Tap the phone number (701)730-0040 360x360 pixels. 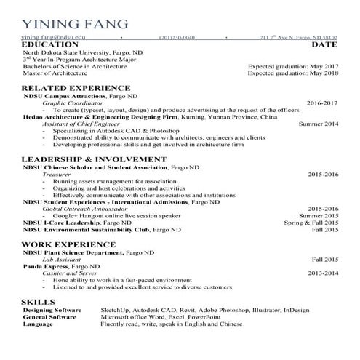[177, 37]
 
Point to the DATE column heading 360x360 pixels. [324, 45]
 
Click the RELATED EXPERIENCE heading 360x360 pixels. [76, 88]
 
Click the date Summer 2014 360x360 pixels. [319, 124]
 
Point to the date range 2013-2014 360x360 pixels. [324, 273]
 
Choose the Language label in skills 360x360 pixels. [38, 324]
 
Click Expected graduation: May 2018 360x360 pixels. [293, 73]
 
